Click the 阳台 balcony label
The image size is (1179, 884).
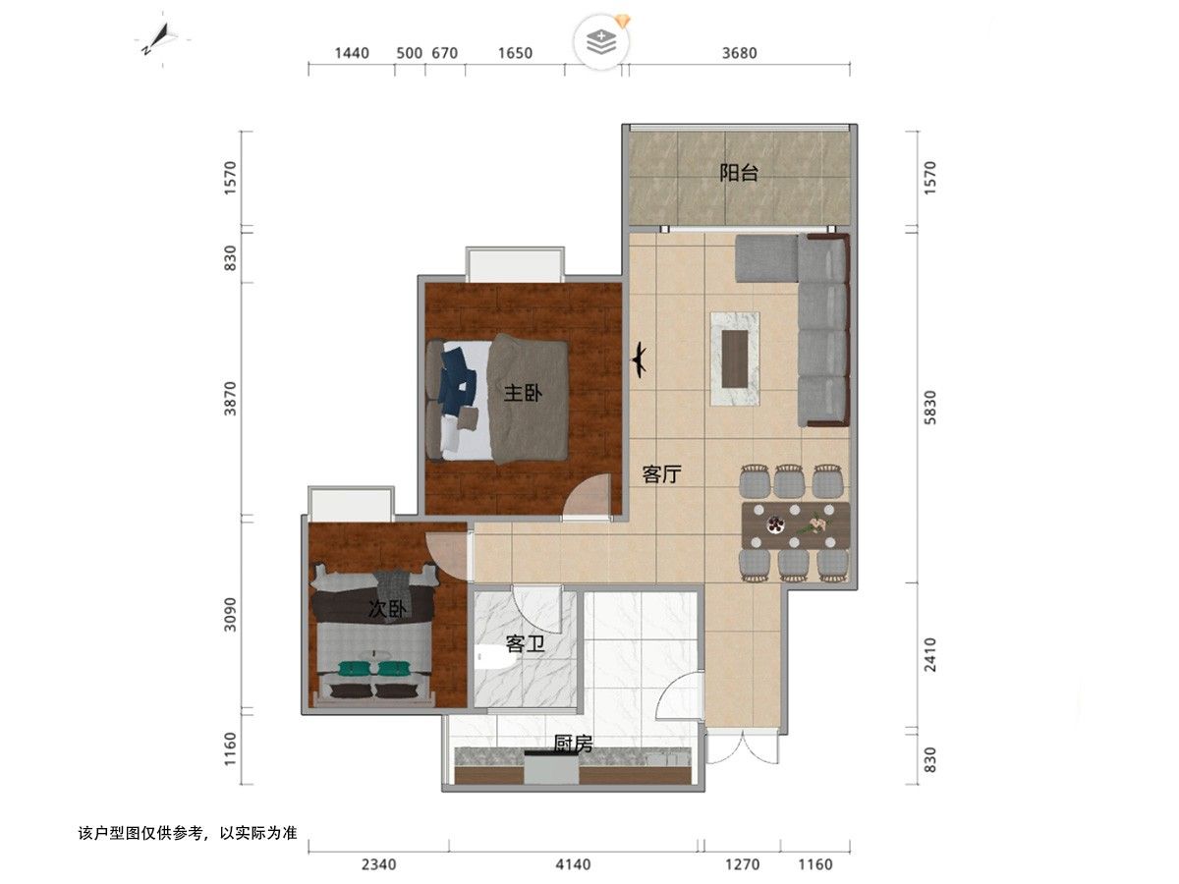738,173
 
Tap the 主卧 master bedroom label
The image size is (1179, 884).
523,393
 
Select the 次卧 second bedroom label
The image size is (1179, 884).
387,609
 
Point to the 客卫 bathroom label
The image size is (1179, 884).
525,643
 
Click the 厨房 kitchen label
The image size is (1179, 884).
573,744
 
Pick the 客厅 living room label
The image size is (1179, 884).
662,474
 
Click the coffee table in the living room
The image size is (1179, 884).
735,359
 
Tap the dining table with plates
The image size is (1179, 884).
795,525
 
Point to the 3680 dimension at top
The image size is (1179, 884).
739,53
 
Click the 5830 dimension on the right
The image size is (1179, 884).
929,408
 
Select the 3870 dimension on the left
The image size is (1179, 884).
230,398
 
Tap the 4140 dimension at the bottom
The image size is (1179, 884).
573,864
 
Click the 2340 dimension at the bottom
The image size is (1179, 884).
378,864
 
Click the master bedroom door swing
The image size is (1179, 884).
588,495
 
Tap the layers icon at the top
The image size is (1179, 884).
601,42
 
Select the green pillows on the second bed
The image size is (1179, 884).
371,668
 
